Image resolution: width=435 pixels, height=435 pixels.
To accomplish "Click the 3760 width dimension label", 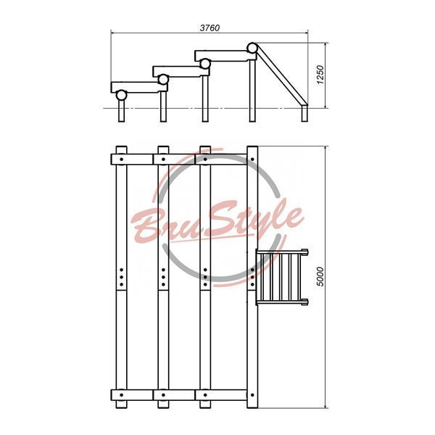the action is coord(210,28).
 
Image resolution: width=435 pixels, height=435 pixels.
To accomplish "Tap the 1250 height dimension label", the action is coord(320,75).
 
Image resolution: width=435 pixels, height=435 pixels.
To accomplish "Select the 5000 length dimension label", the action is coord(320,276).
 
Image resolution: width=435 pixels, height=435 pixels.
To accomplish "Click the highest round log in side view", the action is coord(252,48).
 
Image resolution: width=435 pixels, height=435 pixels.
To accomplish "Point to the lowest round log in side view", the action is coord(122,95).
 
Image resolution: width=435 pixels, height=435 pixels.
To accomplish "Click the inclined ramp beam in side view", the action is coord(281,75).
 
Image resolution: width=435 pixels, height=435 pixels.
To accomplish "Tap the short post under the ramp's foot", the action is coord(305,113).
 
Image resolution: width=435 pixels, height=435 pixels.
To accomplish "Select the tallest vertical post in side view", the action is coord(252,91).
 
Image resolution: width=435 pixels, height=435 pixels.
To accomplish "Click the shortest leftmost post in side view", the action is coord(122,111).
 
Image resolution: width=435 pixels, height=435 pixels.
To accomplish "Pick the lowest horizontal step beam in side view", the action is coord(139,87).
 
